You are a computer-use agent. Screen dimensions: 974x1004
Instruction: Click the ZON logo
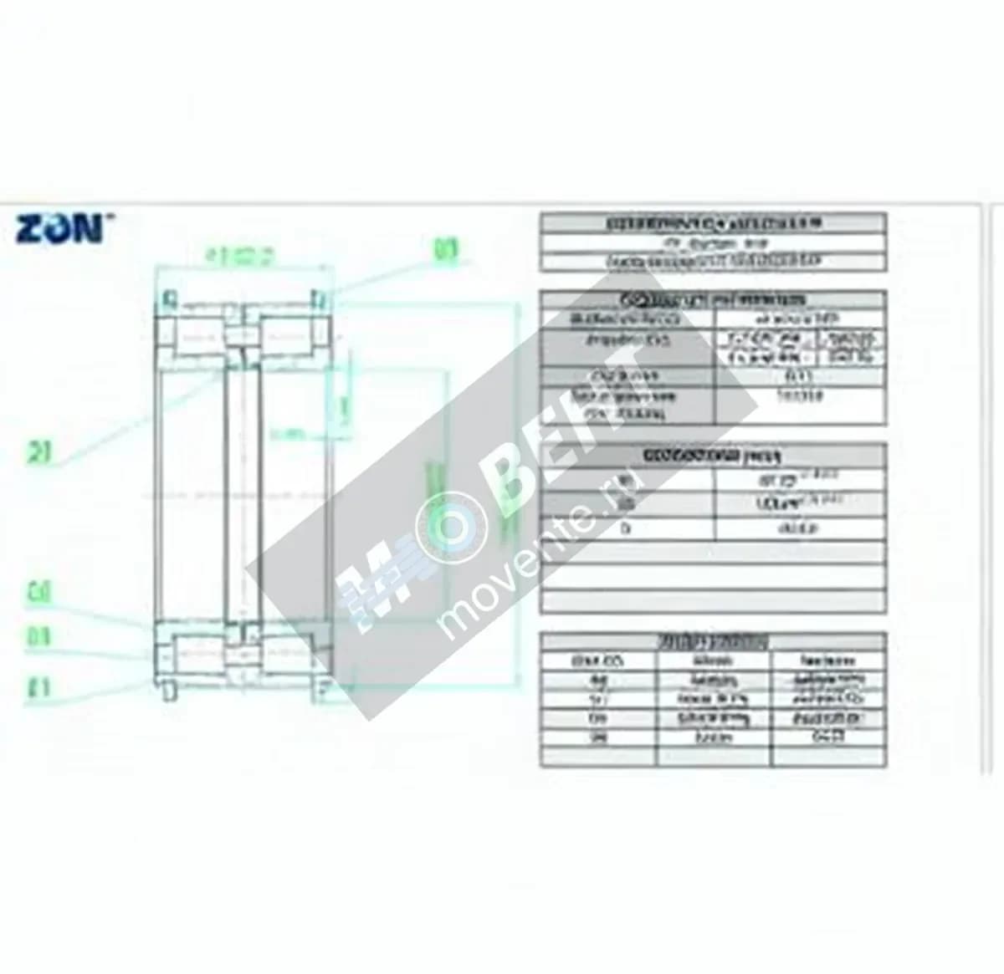61,227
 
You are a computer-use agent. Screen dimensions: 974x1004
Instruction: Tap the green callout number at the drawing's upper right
446,249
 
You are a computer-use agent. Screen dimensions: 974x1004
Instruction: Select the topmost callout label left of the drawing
39,453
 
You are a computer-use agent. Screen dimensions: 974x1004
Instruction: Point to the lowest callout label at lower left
39,687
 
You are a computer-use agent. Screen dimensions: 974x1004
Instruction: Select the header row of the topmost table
713,223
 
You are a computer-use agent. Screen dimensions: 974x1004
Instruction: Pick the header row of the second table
713,299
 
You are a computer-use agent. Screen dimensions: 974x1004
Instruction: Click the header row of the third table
713,456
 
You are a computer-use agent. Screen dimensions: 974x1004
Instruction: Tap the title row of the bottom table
713,641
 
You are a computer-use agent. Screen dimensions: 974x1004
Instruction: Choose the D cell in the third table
627,528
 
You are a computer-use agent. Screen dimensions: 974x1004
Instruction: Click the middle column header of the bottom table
714,660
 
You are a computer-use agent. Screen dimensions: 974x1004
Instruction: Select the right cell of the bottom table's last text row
827,737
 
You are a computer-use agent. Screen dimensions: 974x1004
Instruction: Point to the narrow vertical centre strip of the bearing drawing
242,493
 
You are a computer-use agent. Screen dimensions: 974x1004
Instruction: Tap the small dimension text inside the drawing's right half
288,434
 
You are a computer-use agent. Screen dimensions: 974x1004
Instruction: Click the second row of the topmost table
713,243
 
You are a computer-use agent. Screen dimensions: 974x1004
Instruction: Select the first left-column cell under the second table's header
627,319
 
